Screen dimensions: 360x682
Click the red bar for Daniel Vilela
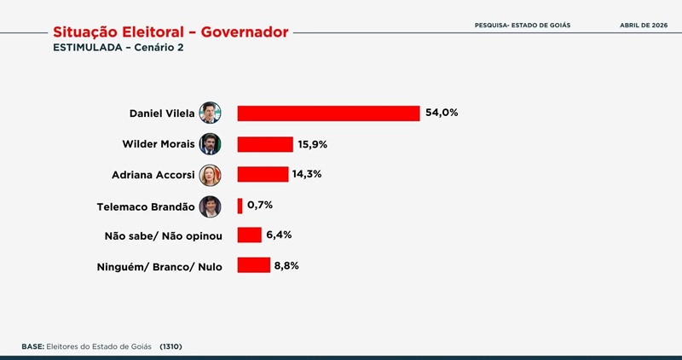pos(328,113)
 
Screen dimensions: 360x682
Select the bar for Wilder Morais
pos(265,144)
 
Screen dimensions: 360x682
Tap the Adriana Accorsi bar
pos(263,174)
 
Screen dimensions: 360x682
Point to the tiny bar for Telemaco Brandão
pos(240,206)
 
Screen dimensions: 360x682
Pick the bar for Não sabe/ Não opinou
pos(249,235)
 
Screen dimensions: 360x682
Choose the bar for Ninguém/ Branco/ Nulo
pos(253,265)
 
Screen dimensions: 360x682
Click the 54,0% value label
pos(442,113)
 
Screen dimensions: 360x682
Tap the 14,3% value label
pos(308,174)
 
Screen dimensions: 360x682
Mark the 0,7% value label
pos(259,206)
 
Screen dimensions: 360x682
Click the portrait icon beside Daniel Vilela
pos(210,113)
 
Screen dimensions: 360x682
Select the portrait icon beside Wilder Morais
pos(210,143)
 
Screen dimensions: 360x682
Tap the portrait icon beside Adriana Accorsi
pos(210,174)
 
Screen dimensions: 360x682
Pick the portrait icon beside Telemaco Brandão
pos(210,206)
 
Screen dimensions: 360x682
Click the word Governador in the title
pos(240,32)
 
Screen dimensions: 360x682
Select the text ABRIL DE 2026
pos(643,26)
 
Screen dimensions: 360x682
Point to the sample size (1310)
pos(170,346)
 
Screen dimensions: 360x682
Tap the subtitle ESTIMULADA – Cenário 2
pos(118,48)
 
